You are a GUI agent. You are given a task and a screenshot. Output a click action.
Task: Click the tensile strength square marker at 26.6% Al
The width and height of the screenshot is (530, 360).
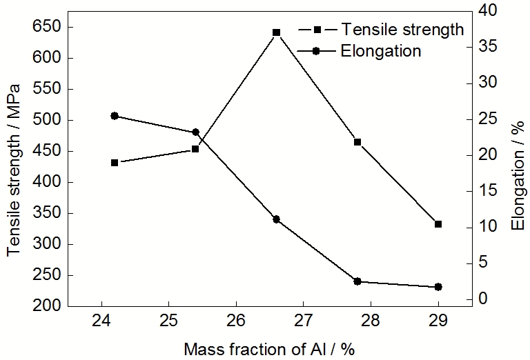pos(276,32)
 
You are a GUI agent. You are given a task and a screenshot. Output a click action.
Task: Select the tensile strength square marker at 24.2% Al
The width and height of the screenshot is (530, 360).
pos(115,163)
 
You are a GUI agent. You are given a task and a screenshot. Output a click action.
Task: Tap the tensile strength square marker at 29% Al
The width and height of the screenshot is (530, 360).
pos(438,224)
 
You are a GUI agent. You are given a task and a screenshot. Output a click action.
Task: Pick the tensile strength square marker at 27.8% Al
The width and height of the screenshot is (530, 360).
pos(357,142)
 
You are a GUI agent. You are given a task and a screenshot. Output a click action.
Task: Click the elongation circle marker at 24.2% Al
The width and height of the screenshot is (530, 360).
pos(115,116)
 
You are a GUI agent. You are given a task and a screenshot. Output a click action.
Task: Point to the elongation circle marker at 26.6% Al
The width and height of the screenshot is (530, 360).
pos(276,219)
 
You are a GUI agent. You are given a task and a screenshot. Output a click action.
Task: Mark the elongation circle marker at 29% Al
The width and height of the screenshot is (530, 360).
pos(438,287)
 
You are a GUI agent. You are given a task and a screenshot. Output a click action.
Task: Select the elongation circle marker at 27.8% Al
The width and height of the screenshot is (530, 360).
pos(357,281)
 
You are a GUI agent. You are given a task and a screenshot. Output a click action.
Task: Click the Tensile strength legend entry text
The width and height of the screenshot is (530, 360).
pos(403,30)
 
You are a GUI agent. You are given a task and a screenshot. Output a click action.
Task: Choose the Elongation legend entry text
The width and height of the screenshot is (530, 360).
pos(381,51)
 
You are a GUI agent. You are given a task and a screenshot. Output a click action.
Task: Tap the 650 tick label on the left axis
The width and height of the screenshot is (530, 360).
pos(48,27)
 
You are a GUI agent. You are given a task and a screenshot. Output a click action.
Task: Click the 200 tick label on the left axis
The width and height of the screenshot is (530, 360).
pos(48,306)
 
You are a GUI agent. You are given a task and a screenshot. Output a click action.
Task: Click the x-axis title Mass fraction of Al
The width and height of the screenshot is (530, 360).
pos(269,348)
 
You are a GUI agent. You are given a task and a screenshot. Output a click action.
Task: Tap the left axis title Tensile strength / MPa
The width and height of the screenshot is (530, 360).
pos(14,169)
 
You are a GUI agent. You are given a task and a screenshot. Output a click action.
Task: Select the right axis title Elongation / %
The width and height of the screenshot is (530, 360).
pos(517,176)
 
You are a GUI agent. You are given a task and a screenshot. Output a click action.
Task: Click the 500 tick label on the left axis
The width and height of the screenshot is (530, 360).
pos(48,120)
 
